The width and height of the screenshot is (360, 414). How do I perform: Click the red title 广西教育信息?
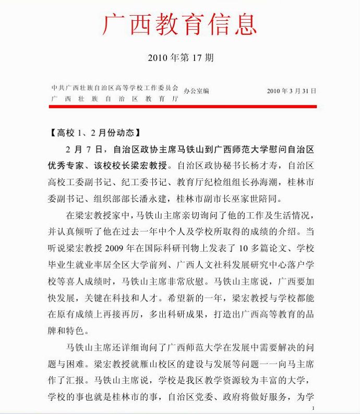click(180, 25)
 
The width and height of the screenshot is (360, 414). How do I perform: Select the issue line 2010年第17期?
click(180, 57)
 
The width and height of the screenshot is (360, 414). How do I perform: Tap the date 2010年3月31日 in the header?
click(291, 91)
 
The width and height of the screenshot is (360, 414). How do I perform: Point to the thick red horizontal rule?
click(183, 106)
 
